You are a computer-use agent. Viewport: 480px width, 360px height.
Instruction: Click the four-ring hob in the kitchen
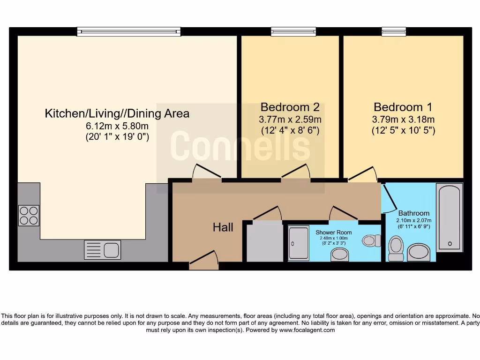[x=29, y=216]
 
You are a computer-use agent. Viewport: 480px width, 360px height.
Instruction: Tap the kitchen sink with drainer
[x=103, y=250]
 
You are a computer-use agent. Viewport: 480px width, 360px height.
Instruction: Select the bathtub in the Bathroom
[x=450, y=217]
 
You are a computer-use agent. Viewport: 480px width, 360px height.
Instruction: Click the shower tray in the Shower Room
[x=299, y=243]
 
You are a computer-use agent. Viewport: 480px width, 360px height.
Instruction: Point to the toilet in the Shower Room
[x=371, y=240]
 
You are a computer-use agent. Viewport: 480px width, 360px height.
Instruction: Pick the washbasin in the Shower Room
[x=340, y=255]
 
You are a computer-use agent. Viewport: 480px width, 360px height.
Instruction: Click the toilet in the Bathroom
[x=396, y=248]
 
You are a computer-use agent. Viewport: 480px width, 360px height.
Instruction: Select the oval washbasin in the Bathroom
[x=419, y=253]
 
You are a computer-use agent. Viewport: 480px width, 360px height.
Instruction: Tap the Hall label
[x=223, y=227]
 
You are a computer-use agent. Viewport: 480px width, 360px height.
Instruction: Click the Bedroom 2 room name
[x=290, y=107]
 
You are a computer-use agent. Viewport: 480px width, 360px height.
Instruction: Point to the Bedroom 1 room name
[x=403, y=107]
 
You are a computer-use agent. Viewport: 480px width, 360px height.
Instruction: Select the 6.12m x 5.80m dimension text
[x=117, y=126]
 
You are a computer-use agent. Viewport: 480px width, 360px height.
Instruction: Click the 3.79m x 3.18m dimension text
[x=403, y=120]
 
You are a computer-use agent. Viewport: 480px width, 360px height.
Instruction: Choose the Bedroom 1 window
[x=394, y=31]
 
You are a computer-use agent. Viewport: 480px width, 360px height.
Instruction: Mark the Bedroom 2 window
[x=293, y=31]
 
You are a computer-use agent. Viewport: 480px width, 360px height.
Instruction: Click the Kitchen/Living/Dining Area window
[x=128, y=31]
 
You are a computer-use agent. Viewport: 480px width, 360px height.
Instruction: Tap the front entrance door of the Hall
[x=204, y=261]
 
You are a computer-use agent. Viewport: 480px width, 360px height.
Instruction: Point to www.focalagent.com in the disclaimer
[x=307, y=330]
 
